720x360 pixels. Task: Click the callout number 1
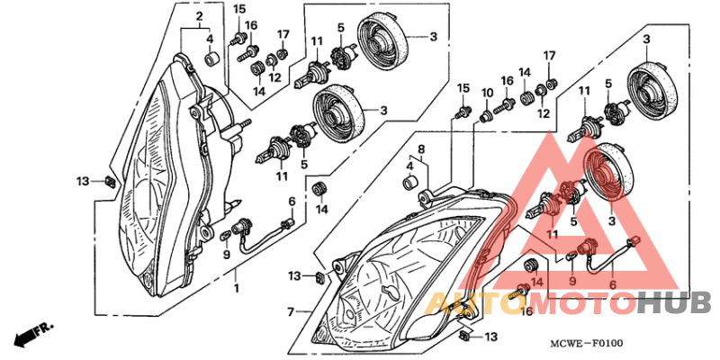pyautogui.click(x=237, y=289)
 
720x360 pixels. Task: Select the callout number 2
pyautogui.click(x=199, y=17)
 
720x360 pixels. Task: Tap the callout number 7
pyautogui.click(x=291, y=312)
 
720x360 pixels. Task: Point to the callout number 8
pyautogui.click(x=419, y=148)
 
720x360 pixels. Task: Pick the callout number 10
pyautogui.click(x=487, y=94)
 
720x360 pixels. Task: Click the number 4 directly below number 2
pyautogui.click(x=210, y=39)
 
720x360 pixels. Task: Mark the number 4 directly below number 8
pyautogui.click(x=410, y=166)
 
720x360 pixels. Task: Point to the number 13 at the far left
pyautogui.click(x=83, y=182)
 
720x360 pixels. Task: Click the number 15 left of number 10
pyautogui.click(x=463, y=87)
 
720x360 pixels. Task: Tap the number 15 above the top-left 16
pyautogui.click(x=239, y=9)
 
